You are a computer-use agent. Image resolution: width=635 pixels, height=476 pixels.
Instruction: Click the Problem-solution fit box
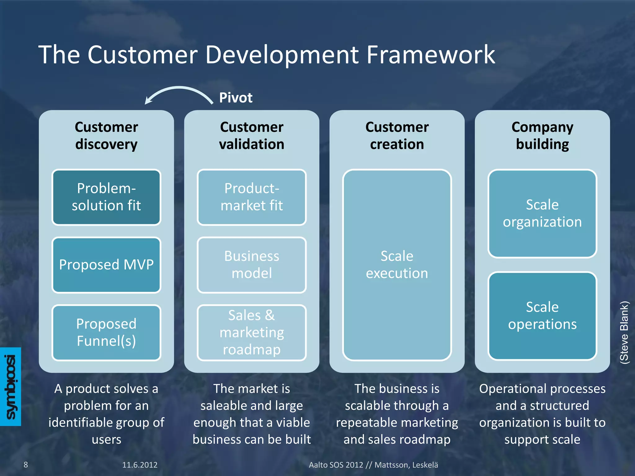[x=106, y=197]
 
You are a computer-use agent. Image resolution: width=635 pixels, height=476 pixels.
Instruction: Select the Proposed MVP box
[x=106, y=265]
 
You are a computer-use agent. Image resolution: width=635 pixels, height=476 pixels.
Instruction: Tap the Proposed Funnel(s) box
[x=106, y=333]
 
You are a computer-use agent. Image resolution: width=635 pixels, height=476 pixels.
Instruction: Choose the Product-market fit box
[x=251, y=197]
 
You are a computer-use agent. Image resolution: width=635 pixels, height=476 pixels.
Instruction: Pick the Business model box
[x=251, y=265]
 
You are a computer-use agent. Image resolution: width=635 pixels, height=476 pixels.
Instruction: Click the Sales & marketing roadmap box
[x=251, y=333]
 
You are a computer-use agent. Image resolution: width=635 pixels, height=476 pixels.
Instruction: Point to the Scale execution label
[x=397, y=265]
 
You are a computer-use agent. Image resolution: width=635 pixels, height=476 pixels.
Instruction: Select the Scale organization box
[x=542, y=214]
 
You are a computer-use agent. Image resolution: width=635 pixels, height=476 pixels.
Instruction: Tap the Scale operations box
[x=542, y=316]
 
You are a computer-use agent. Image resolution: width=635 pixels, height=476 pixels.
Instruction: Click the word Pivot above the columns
[x=236, y=98]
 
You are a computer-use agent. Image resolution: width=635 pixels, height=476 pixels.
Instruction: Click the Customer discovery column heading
[x=106, y=136]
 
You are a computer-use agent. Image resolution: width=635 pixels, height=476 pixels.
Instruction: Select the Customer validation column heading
[x=251, y=136]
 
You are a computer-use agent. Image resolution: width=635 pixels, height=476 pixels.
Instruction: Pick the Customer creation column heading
[x=397, y=136]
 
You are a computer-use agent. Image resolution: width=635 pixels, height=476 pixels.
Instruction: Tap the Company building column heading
[x=542, y=136]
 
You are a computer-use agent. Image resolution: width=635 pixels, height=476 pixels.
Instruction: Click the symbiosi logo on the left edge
[x=11, y=386]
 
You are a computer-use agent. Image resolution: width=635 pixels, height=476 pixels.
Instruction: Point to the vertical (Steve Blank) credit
[x=624, y=332]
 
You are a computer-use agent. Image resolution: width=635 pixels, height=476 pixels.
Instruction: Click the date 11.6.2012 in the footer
[x=140, y=465]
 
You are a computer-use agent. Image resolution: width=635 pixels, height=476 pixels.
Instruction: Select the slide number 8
[x=26, y=465]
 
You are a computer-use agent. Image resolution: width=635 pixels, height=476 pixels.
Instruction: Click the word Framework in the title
[x=431, y=55]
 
